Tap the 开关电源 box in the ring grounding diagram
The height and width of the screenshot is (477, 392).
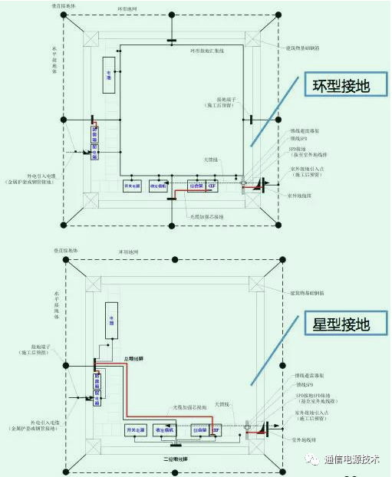[x=131, y=186]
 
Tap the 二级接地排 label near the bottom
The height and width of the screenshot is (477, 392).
[x=177, y=459]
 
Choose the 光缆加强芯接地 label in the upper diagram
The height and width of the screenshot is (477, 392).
[x=206, y=217]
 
